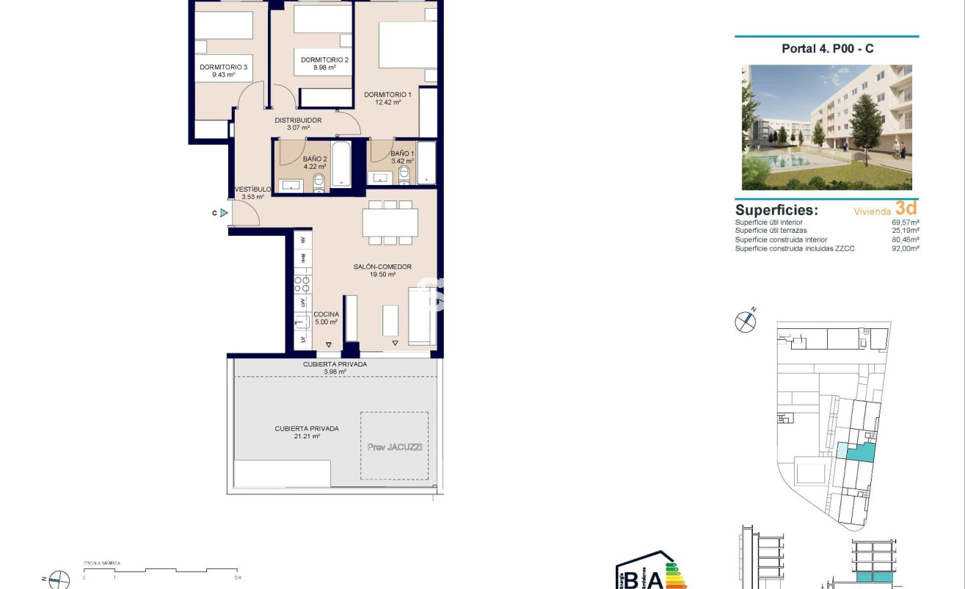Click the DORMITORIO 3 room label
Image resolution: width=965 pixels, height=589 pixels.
point(223,67)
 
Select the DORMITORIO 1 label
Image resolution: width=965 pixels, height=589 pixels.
point(387,94)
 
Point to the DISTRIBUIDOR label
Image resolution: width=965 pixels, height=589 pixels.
point(298,120)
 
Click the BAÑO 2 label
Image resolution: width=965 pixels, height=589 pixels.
point(315,158)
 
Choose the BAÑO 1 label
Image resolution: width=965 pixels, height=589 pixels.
point(402,153)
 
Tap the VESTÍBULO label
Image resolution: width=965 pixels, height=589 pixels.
point(252,189)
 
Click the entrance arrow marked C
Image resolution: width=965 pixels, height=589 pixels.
point(224,213)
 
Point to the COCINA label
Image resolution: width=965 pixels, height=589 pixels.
point(326,314)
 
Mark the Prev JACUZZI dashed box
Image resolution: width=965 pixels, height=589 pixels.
point(395,446)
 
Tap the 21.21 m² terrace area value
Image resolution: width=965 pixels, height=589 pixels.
point(307,436)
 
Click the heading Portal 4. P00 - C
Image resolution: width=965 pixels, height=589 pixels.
point(827,49)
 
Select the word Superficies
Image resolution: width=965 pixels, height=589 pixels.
point(776,210)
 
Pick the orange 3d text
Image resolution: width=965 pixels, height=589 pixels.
point(906,208)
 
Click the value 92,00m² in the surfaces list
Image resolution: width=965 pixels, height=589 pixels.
point(906,249)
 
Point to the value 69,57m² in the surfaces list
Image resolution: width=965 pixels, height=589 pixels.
point(906,223)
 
